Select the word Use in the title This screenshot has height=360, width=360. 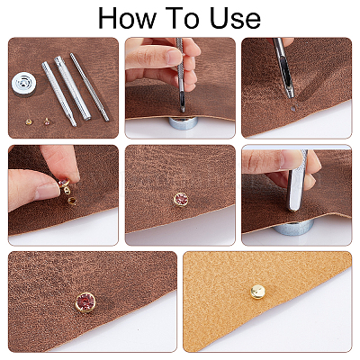click(235, 18)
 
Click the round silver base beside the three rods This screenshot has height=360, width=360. click(23, 84)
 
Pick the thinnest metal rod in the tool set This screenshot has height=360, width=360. click(89, 87)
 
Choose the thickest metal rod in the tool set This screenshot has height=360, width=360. click(73, 88)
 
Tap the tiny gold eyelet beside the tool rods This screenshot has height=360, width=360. click(29, 121)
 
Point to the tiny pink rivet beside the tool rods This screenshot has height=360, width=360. click(47, 121)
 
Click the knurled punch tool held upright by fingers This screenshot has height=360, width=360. click(181, 75)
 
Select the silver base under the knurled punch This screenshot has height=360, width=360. click(184, 123)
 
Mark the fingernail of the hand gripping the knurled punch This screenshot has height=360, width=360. click(175, 57)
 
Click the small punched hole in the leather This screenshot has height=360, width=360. click(294, 109)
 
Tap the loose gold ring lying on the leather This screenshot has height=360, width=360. click(72, 201)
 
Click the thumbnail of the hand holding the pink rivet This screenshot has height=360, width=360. click(49, 192)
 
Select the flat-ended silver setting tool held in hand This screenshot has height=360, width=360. click(296, 180)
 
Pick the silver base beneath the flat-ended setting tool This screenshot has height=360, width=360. click(294, 227)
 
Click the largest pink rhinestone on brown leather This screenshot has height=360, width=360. click(85, 302)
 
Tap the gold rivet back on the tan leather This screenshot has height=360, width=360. click(258, 292)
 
